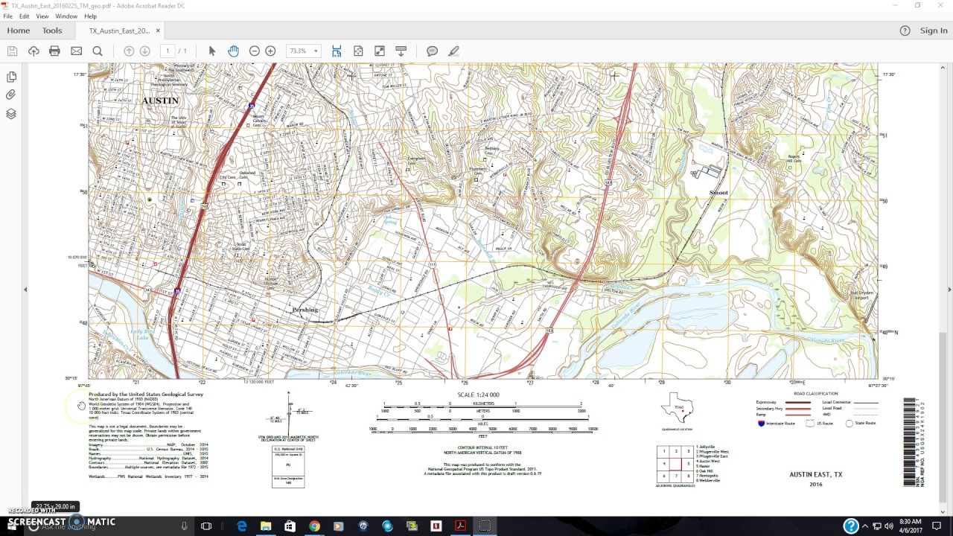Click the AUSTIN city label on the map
pos(161,100)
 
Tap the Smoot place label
pos(718,193)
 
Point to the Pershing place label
pos(305,310)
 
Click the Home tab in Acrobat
pos(19,31)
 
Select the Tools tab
pos(52,31)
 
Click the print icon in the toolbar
pos(54,51)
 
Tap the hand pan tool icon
pos(233,51)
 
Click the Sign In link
pos(934,31)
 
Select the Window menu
pos(66,16)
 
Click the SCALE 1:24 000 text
pos(478,395)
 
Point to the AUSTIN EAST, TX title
pos(816,474)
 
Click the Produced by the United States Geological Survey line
pos(145,394)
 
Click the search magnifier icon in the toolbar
pos(98,51)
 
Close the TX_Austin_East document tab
pos(158,31)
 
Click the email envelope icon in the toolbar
pos(76,51)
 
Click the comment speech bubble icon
pos(432,51)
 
